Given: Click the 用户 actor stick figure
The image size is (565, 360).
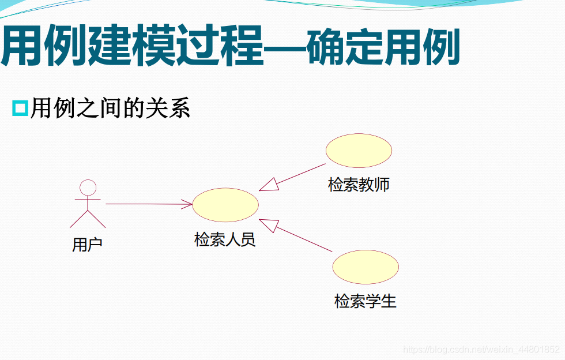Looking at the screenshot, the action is tap(88, 205).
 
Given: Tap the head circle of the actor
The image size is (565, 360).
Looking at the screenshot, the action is tap(88, 187).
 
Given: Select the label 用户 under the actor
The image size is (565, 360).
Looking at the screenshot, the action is tap(87, 245).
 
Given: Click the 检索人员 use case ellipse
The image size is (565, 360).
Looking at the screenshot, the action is tap(225, 205).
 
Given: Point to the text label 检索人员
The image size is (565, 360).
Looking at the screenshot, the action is tap(225, 239).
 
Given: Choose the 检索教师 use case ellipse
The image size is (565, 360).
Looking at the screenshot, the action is tap(359, 150).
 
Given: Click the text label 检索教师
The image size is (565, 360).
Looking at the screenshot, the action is tap(359, 185).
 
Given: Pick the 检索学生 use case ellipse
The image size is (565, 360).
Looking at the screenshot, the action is tap(366, 267).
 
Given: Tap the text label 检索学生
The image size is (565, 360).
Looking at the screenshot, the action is tap(366, 301).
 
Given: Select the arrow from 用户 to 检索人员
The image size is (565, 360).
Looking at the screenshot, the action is tap(148, 204).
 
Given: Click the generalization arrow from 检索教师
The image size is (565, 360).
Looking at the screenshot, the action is tap(294, 177).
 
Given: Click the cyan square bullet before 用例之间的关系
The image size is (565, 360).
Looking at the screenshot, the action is tap(20, 108).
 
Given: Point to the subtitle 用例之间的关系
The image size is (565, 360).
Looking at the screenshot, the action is tap(110, 108).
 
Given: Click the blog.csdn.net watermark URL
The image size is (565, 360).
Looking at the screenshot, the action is tap(481, 350).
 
